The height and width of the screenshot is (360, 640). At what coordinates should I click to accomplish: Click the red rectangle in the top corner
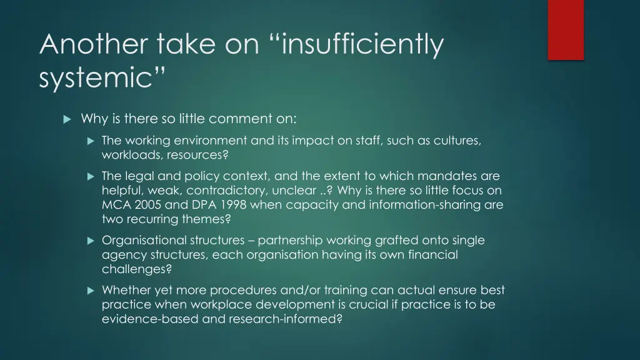point(566,29)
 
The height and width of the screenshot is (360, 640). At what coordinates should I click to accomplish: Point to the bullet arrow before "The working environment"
point(90,141)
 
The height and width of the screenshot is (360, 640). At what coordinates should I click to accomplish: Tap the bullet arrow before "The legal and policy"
point(90,176)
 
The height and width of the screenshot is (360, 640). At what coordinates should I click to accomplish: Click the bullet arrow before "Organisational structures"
point(90,240)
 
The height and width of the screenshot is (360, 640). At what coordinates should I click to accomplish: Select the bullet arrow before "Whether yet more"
point(90,290)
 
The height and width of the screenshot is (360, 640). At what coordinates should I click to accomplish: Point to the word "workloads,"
point(127,154)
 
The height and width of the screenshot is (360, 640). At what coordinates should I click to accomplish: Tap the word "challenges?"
point(136,269)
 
